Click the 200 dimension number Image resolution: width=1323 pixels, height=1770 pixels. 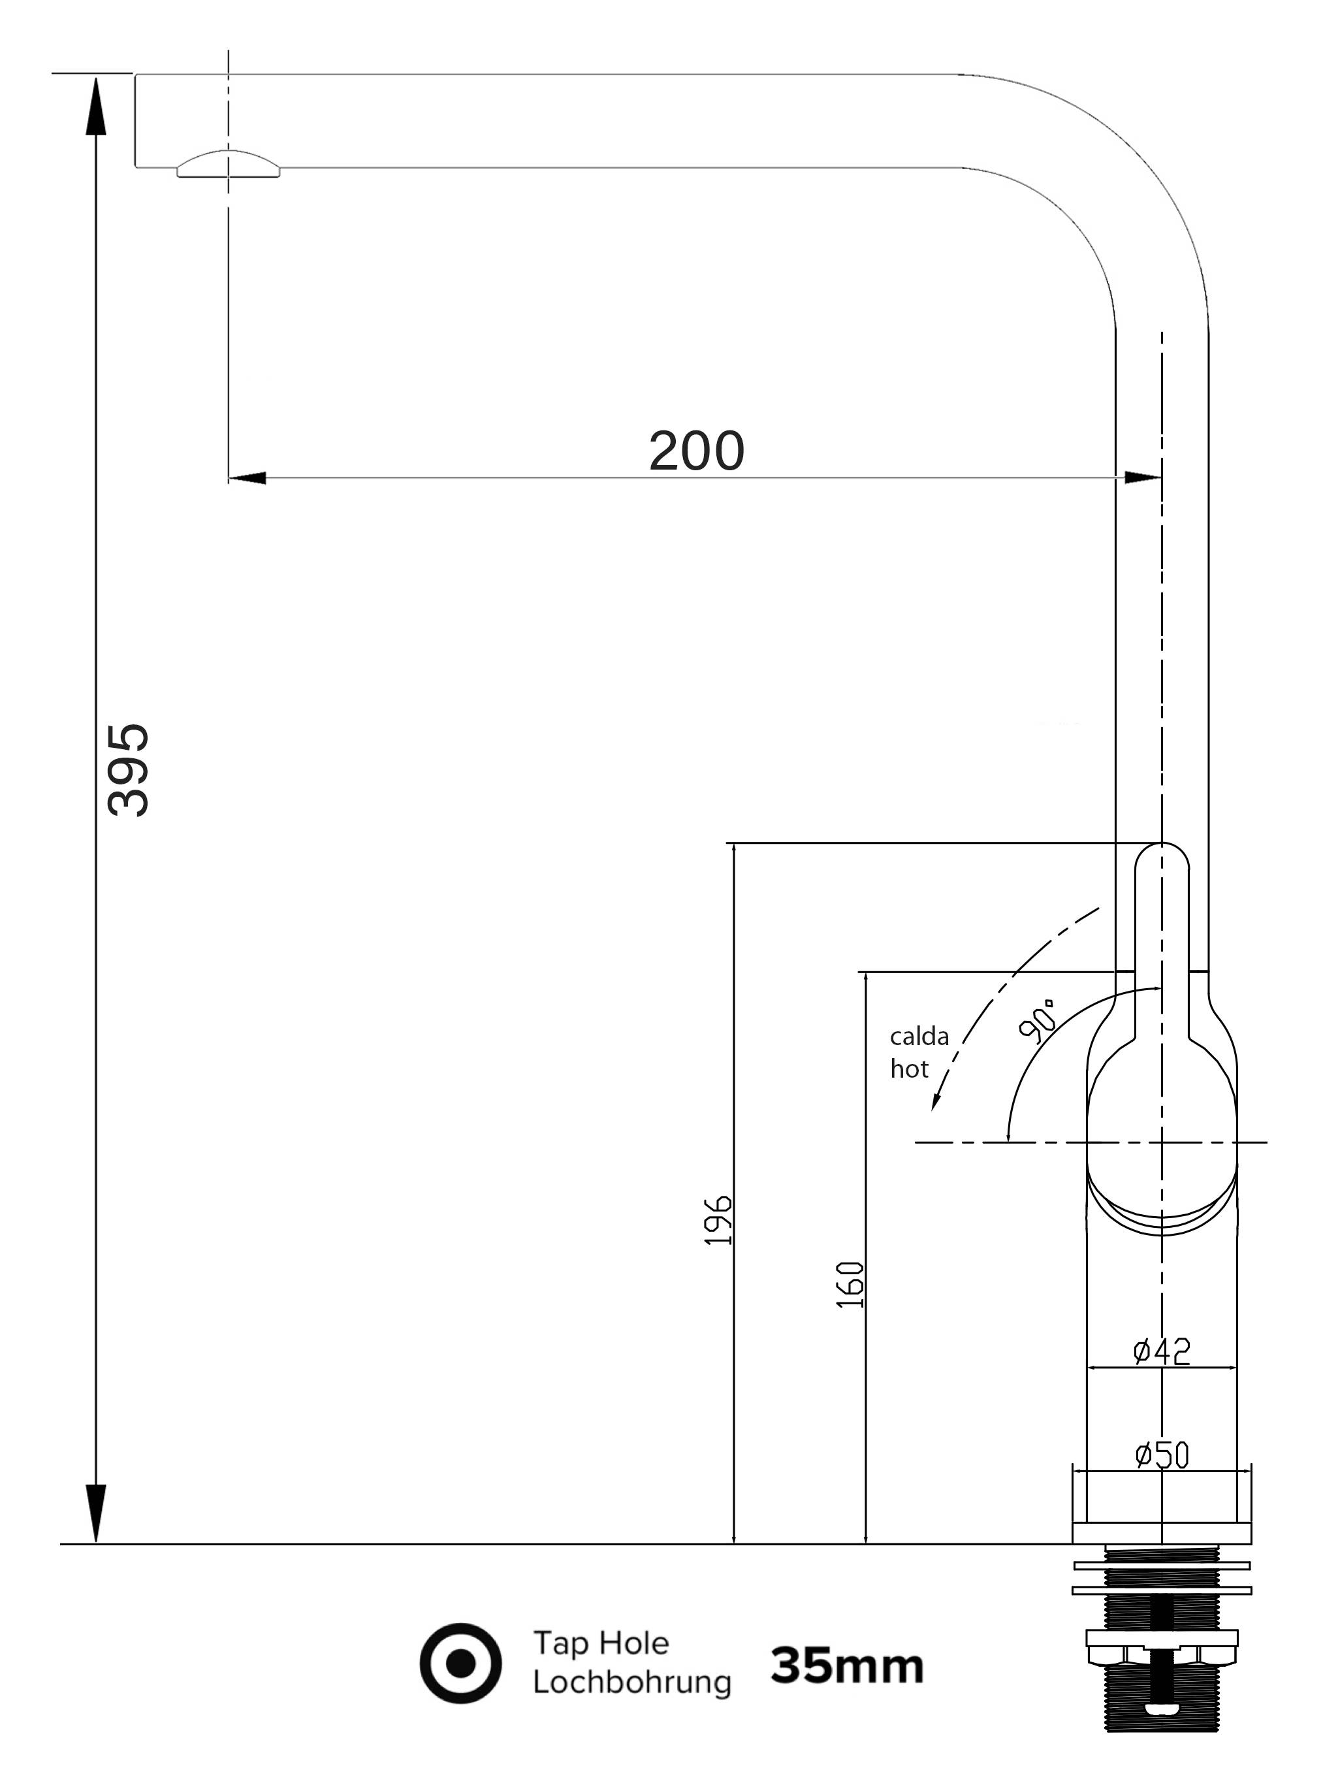[696, 451]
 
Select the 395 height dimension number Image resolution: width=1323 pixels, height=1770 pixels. [128, 770]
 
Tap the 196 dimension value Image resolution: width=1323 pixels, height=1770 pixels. [718, 1220]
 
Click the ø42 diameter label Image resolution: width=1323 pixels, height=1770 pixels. [1162, 1351]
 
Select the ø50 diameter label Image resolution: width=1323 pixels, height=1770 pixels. [1162, 1455]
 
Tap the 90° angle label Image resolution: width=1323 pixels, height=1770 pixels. [1038, 1021]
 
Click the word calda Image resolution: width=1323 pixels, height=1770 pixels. [919, 1037]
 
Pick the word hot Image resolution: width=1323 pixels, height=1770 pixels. [910, 1069]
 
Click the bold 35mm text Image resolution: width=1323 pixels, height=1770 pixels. [846, 1666]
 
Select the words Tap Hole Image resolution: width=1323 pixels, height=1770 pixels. [601, 1643]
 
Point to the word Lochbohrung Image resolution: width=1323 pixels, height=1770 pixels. [631, 1682]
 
